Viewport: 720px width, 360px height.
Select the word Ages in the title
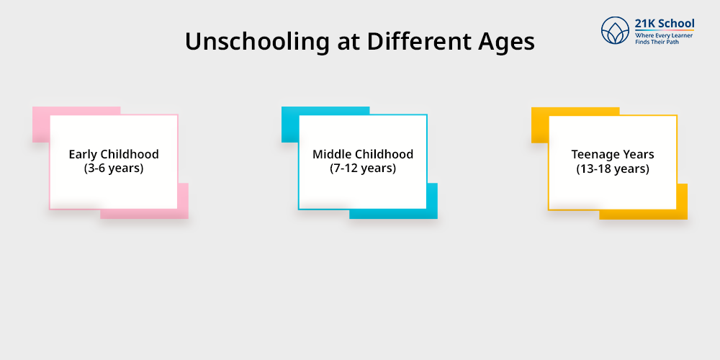click(x=508, y=42)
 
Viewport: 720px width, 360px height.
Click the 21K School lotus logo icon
click(x=616, y=32)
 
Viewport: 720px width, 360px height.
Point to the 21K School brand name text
click(x=665, y=23)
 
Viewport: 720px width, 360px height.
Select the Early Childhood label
click(x=114, y=154)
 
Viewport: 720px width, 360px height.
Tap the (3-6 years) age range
click(x=114, y=168)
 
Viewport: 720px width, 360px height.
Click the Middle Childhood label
click(x=363, y=154)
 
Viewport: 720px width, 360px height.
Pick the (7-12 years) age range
click(x=363, y=168)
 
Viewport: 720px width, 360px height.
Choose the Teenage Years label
click(x=613, y=154)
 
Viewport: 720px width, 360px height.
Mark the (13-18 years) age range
click(x=613, y=168)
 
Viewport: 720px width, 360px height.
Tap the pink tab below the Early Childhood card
click(x=158, y=214)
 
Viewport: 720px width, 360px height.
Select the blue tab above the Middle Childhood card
click(x=325, y=110)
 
